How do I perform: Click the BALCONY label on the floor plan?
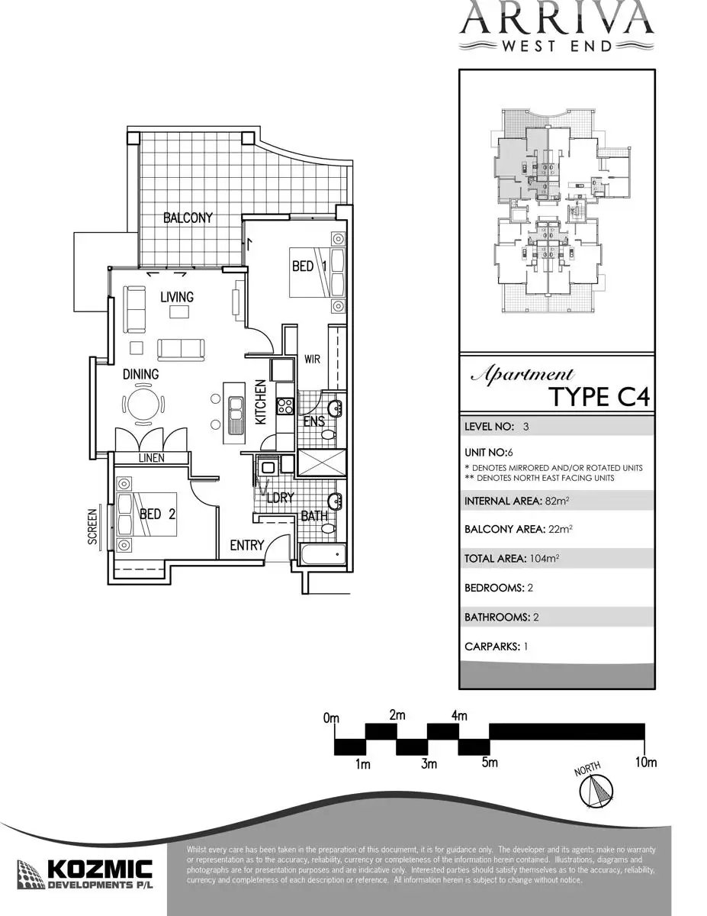coord(188,218)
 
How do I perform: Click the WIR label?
coord(312,359)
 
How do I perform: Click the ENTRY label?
coord(246,546)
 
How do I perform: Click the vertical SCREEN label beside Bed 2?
coord(93,527)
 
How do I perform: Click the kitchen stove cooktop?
coord(285,406)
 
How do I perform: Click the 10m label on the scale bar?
coord(645,763)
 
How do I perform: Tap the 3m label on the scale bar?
coord(428,763)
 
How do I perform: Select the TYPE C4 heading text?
coord(600,398)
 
